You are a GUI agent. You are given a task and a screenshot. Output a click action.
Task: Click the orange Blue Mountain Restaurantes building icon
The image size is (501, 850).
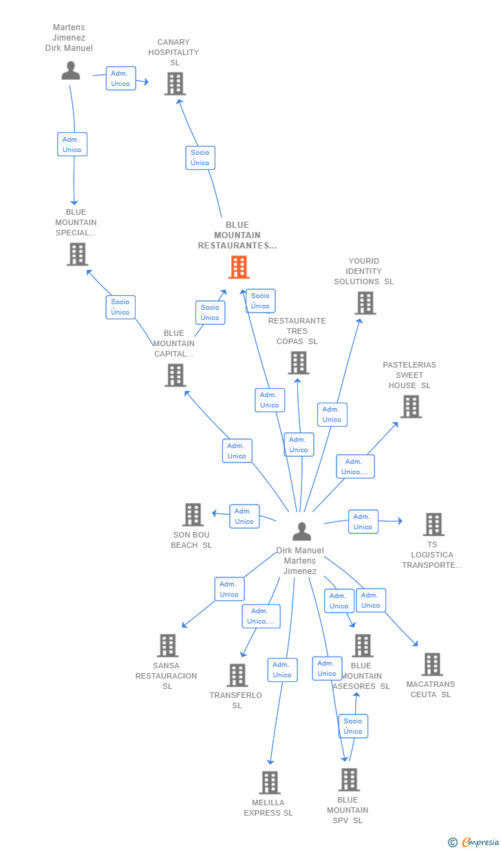[x=239, y=267]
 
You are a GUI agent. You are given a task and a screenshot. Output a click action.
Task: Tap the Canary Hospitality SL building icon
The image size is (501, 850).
[x=175, y=84]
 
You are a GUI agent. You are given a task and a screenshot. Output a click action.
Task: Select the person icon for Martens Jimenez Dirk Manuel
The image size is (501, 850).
[x=70, y=70]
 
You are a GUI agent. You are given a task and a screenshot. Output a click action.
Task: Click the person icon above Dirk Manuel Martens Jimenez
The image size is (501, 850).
[x=301, y=531]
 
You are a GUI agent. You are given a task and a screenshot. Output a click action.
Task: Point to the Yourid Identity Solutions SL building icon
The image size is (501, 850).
[x=365, y=303]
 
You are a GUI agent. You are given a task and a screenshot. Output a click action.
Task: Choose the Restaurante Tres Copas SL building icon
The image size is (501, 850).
[x=298, y=363]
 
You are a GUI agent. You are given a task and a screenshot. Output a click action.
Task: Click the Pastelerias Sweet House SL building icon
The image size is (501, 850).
[x=411, y=407]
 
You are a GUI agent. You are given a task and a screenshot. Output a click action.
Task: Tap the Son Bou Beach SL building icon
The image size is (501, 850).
[x=193, y=515]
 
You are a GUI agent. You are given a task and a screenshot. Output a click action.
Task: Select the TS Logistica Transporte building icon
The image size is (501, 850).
[x=433, y=524]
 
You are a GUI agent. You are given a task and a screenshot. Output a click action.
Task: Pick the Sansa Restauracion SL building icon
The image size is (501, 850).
[x=167, y=646]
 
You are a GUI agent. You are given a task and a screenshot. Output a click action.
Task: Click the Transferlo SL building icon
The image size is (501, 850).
[x=237, y=675]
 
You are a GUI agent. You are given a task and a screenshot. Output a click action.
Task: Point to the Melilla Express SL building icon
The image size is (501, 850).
[x=269, y=783]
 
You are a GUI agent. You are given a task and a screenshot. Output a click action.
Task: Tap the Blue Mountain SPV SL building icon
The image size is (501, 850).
[x=349, y=780]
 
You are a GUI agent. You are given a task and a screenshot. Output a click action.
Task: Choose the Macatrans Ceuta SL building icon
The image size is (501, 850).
[x=431, y=664]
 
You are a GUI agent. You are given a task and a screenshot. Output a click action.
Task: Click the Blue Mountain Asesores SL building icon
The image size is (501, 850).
[x=362, y=646]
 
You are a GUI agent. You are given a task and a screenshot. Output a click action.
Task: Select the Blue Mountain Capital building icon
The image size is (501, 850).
[x=175, y=375]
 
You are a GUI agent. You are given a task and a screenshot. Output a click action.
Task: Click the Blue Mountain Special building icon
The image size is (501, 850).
[x=77, y=254]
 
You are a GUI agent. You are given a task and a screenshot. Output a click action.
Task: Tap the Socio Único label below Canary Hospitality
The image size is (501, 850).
[x=200, y=158]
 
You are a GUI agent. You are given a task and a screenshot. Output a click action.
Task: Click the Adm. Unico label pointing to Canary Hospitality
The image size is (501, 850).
[x=120, y=78]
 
